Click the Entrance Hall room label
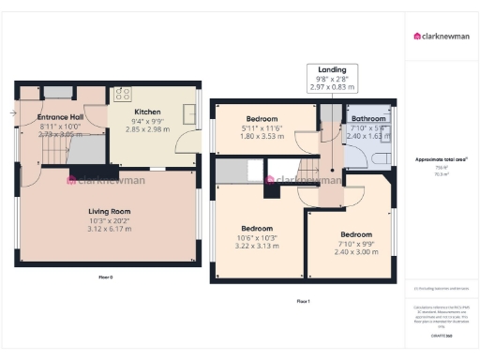click(58, 117)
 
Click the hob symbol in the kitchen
click(122, 94)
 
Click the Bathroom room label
click(369, 120)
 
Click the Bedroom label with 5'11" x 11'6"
click(262, 119)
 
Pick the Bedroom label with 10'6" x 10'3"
click(257, 229)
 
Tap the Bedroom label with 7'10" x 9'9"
click(355, 234)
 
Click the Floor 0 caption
click(105, 277)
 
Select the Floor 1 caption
click(302, 300)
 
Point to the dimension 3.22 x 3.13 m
click(257, 246)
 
